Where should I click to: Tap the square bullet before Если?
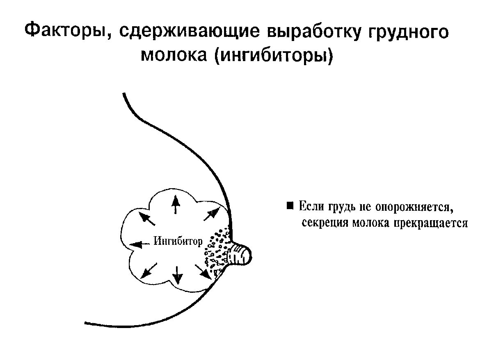290,205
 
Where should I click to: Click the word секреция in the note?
323,223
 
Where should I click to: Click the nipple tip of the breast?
247,256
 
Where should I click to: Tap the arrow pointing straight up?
176,204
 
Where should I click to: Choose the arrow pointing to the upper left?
148,218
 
